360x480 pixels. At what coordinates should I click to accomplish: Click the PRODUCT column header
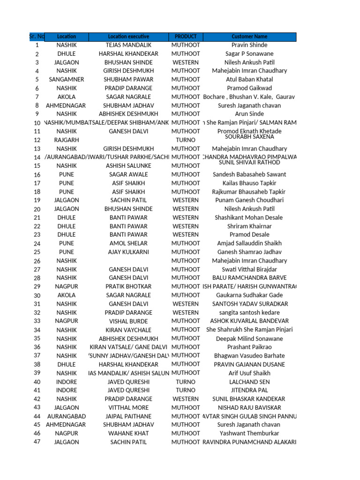(x=186, y=37)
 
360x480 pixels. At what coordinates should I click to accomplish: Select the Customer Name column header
(x=249, y=37)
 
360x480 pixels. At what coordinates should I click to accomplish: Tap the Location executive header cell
(x=128, y=37)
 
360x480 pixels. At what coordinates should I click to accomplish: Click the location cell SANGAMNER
(x=66, y=80)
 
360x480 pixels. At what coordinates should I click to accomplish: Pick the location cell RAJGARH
(x=66, y=140)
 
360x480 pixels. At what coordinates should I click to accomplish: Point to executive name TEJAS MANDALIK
(x=128, y=45)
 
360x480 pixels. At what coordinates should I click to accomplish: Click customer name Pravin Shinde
(x=249, y=45)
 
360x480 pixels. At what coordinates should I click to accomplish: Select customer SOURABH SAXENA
(x=249, y=137)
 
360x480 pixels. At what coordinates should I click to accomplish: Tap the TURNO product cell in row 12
(x=186, y=140)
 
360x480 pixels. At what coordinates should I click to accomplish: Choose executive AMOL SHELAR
(x=128, y=243)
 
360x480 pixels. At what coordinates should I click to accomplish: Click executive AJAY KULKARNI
(x=128, y=252)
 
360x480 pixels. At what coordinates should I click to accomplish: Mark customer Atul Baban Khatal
(x=249, y=80)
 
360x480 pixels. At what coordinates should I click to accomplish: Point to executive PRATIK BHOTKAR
(x=128, y=286)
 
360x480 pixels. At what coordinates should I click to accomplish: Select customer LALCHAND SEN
(x=249, y=382)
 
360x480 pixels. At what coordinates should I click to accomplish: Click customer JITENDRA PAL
(x=249, y=390)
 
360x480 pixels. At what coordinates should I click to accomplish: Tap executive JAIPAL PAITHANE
(x=128, y=416)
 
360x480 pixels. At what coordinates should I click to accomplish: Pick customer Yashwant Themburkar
(x=249, y=434)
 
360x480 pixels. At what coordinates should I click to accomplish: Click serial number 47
(x=37, y=442)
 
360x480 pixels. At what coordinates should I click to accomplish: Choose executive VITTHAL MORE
(x=128, y=408)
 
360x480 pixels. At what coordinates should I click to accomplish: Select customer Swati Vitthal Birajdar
(x=249, y=270)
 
